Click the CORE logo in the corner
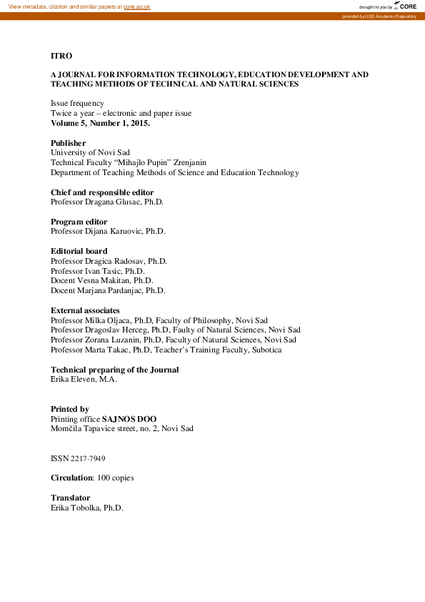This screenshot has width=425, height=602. click(406, 6)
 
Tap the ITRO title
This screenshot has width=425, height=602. click(61, 55)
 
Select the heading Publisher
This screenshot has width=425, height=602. click(68, 143)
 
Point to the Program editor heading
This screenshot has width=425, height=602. click(79, 222)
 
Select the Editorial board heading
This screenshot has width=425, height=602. click(79, 252)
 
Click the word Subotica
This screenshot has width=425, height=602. click(265, 350)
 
